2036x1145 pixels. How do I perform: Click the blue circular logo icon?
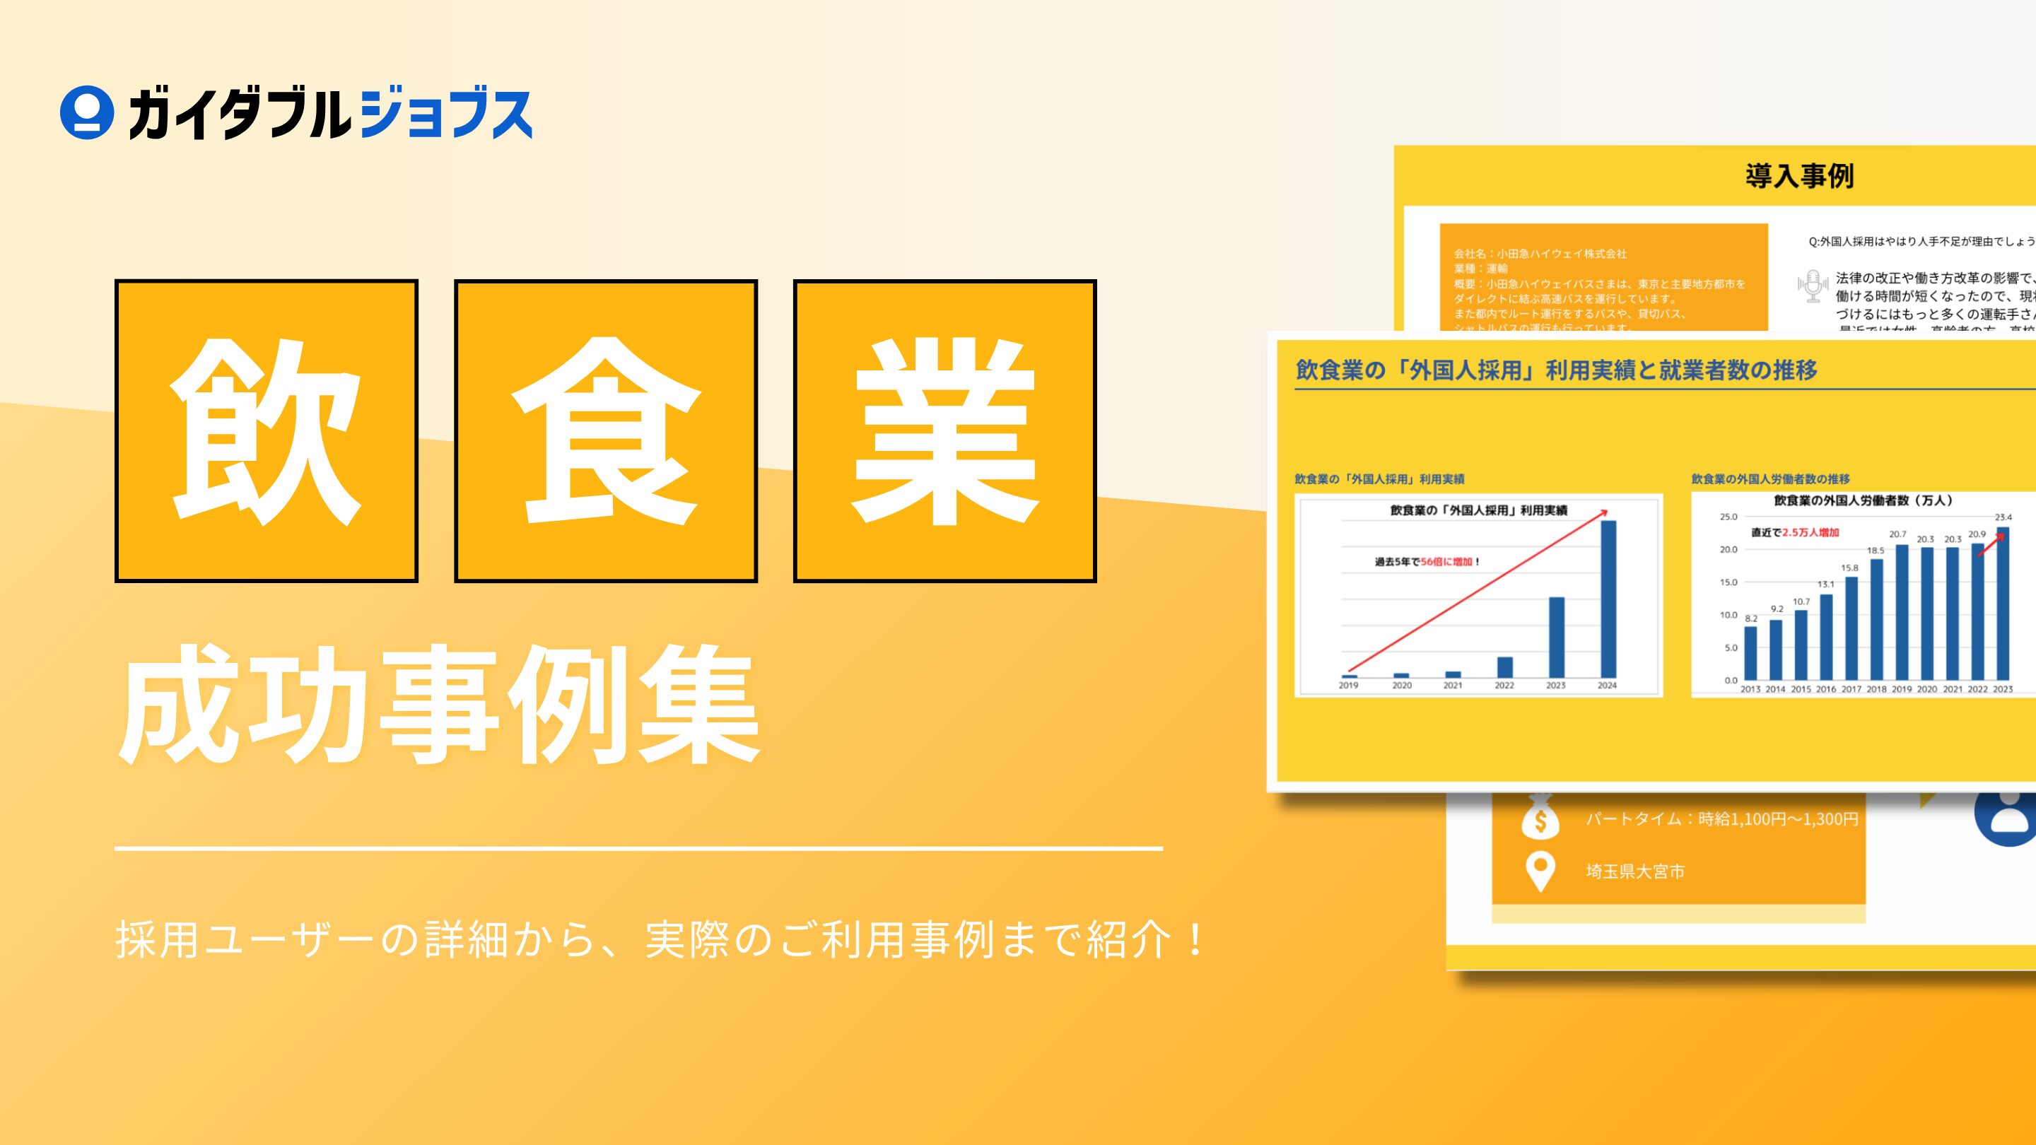pos(86,113)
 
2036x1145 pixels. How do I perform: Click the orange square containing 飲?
pos(267,430)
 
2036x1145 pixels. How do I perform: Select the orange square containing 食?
pos(605,430)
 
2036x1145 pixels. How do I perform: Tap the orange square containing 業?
pos(944,430)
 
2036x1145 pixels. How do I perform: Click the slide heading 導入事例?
pos(1799,176)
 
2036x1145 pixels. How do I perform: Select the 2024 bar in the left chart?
pos(1608,599)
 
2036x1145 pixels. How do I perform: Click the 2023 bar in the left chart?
pos(1556,637)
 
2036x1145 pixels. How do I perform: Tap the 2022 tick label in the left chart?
pos(1504,686)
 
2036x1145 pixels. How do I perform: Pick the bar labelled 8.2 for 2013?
pos(1750,652)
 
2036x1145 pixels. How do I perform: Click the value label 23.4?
pos(2003,517)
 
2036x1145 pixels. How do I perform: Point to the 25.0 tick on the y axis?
pos(1728,517)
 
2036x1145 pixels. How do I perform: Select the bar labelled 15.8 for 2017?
pos(1851,628)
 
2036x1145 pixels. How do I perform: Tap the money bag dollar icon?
pos(1540,818)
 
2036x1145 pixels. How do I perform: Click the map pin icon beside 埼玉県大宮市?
pos(1540,871)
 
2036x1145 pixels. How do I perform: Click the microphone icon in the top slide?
pos(1813,286)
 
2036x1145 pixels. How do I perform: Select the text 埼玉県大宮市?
pos(1634,871)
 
